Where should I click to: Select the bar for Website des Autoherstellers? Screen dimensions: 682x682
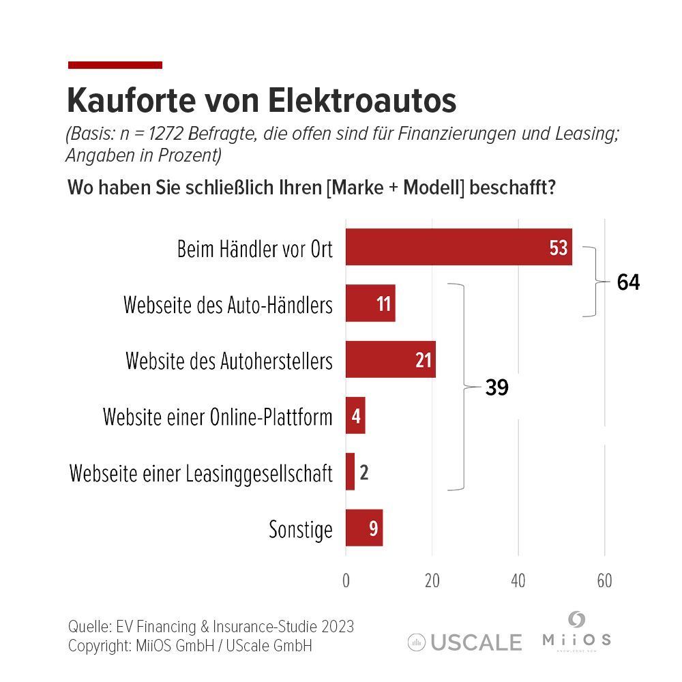click(390, 359)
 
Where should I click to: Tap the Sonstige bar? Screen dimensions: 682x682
click(364, 528)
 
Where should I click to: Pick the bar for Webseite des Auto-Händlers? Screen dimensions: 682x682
click(370, 303)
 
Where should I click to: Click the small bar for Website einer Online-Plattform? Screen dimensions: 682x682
click(355, 415)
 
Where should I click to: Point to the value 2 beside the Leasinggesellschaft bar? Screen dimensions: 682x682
click(364, 472)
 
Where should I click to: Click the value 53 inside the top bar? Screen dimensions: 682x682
click(558, 248)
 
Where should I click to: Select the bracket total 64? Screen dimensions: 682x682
click(628, 282)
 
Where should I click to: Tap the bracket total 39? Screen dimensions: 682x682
click(497, 387)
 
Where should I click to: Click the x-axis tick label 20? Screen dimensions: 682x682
click(432, 581)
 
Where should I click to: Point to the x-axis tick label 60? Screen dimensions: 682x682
click(604, 581)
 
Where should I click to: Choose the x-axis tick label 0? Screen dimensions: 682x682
click(346, 581)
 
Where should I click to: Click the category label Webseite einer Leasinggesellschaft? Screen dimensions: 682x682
click(201, 473)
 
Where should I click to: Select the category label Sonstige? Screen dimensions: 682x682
click(301, 529)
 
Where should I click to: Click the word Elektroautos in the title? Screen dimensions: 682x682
click(361, 101)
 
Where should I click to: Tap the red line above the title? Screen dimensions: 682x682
click(115, 65)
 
